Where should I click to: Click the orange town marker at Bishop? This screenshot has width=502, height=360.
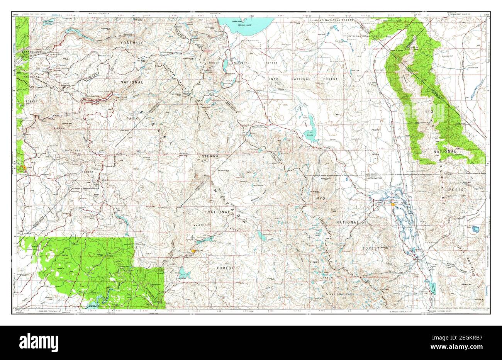(x=393, y=204)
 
